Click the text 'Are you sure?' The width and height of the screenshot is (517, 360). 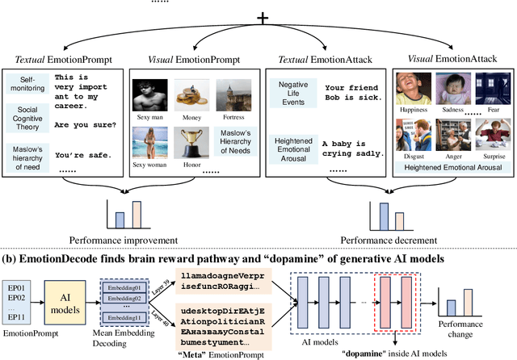pos(85,124)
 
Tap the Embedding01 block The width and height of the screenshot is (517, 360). pos(129,287)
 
